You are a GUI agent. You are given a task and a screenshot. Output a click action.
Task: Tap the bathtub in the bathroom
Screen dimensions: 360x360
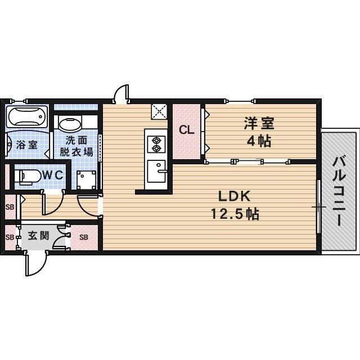coord(26,117)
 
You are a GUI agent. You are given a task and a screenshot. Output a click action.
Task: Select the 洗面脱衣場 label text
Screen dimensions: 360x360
coord(77,146)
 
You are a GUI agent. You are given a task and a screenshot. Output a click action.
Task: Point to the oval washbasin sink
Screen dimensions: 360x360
coord(70,123)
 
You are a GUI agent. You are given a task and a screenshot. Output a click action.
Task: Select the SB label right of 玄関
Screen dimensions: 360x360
coord(83,237)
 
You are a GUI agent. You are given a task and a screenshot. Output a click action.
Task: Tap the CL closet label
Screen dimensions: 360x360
coord(186,130)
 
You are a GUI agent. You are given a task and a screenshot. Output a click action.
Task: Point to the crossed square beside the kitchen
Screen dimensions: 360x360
coord(159,111)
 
